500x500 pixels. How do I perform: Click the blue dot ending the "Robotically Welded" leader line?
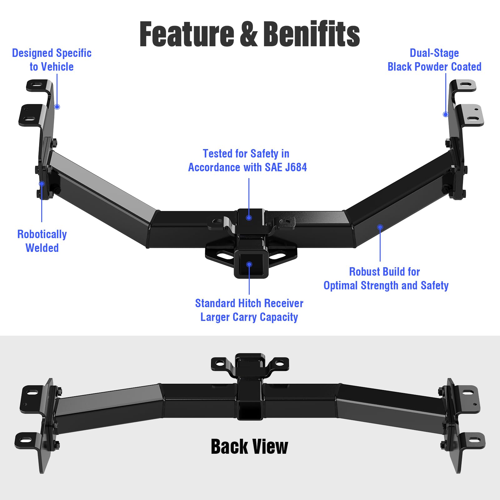[42, 184]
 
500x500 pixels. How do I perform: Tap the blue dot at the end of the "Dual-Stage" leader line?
[446, 114]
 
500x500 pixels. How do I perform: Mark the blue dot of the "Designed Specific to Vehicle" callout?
[57, 107]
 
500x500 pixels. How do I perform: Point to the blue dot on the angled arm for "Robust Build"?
[380, 227]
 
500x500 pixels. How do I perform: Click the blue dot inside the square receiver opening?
[249, 265]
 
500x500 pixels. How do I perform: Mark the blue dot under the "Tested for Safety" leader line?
[249, 218]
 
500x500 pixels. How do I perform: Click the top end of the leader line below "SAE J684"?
[249, 178]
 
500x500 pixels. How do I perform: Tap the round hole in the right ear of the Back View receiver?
[280, 363]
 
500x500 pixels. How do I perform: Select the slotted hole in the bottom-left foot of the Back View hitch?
[26, 440]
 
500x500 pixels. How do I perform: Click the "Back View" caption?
[249, 447]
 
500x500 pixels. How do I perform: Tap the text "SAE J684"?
[286, 167]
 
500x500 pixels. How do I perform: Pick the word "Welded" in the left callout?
[42, 248]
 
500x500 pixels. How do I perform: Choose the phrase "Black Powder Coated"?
[434, 67]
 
